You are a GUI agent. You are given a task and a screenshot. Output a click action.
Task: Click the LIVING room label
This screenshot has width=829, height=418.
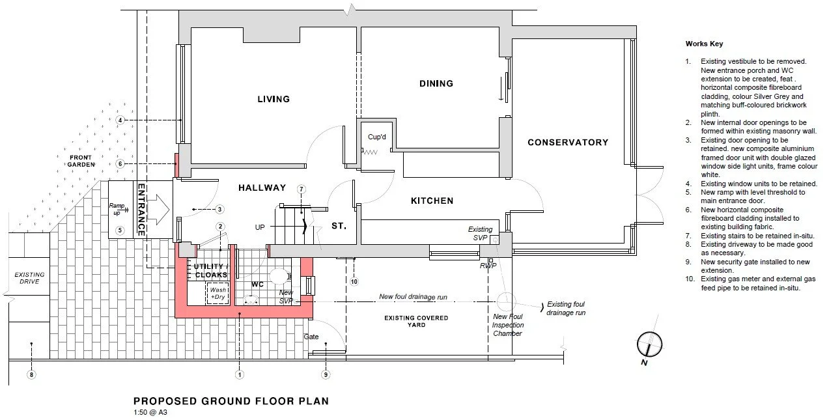click(x=274, y=99)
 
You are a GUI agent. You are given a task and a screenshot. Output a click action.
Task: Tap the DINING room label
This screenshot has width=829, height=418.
click(x=436, y=83)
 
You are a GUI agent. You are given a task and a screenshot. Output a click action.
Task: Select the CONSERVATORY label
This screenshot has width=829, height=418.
click(x=568, y=143)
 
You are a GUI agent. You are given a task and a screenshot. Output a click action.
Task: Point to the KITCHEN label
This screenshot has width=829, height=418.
click(x=432, y=201)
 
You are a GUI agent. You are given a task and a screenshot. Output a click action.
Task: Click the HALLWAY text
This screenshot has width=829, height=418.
click(x=262, y=188)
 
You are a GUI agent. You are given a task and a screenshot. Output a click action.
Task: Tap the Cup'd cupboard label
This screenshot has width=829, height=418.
click(x=377, y=137)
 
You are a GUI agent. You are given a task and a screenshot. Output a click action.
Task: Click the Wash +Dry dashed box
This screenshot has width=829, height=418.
click(x=218, y=294)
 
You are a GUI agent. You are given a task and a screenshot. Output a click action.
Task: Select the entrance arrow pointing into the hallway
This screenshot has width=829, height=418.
click(x=158, y=210)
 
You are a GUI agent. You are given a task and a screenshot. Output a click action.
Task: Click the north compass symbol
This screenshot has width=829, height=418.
click(x=649, y=344)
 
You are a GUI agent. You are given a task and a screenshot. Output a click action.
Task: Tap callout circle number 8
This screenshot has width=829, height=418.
click(x=31, y=375)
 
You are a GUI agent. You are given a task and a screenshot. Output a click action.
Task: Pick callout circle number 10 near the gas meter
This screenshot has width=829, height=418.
click(x=354, y=282)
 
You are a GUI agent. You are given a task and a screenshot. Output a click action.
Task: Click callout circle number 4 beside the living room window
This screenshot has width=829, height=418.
click(x=120, y=120)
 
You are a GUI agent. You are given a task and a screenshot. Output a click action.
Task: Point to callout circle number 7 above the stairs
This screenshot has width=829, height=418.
click(x=302, y=189)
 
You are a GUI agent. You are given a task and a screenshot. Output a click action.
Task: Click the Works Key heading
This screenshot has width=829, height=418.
click(x=704, y=44)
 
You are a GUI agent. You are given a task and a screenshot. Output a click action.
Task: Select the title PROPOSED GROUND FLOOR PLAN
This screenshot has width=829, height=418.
click(x=231, y=401)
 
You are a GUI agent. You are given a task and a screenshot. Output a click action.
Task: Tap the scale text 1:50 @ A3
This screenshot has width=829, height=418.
click(x=150, y=412)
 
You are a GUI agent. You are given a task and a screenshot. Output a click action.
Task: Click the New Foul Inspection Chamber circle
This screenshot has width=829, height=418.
click(x=506, y=302)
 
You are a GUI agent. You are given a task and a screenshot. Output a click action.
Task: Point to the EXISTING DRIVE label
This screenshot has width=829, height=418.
click(x=29, y=278)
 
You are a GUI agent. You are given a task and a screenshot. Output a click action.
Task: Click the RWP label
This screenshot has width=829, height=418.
click(x=488, y=266)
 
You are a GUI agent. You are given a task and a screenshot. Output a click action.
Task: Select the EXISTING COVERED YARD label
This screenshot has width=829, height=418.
click(x=416, y=321)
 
